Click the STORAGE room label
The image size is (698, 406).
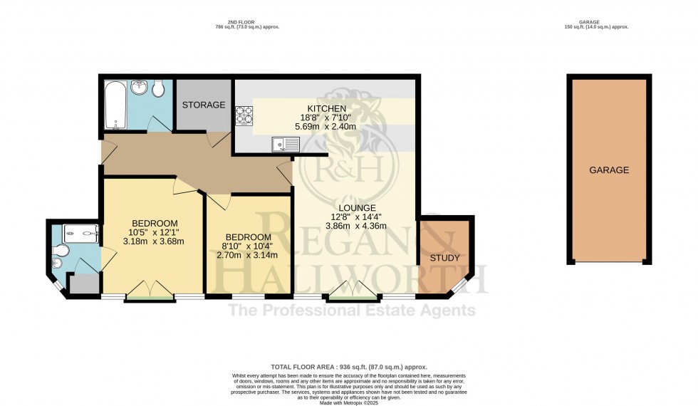click(203, 105)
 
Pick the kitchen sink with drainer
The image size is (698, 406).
click(286, 145)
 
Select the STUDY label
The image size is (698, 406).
click(444, 257)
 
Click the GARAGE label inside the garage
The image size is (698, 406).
click(608, 170)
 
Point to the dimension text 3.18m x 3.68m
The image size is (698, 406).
click(153, 241)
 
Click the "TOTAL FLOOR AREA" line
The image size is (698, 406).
click(348, 367)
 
